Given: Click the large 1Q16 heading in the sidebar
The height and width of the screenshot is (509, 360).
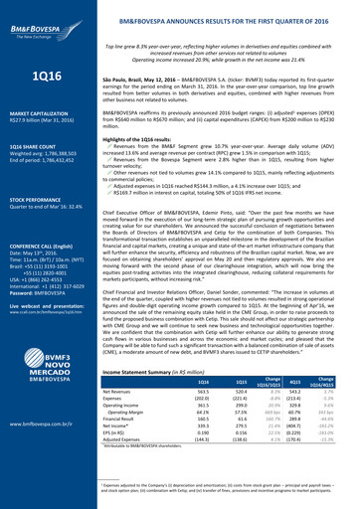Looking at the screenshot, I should click(42, 77).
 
